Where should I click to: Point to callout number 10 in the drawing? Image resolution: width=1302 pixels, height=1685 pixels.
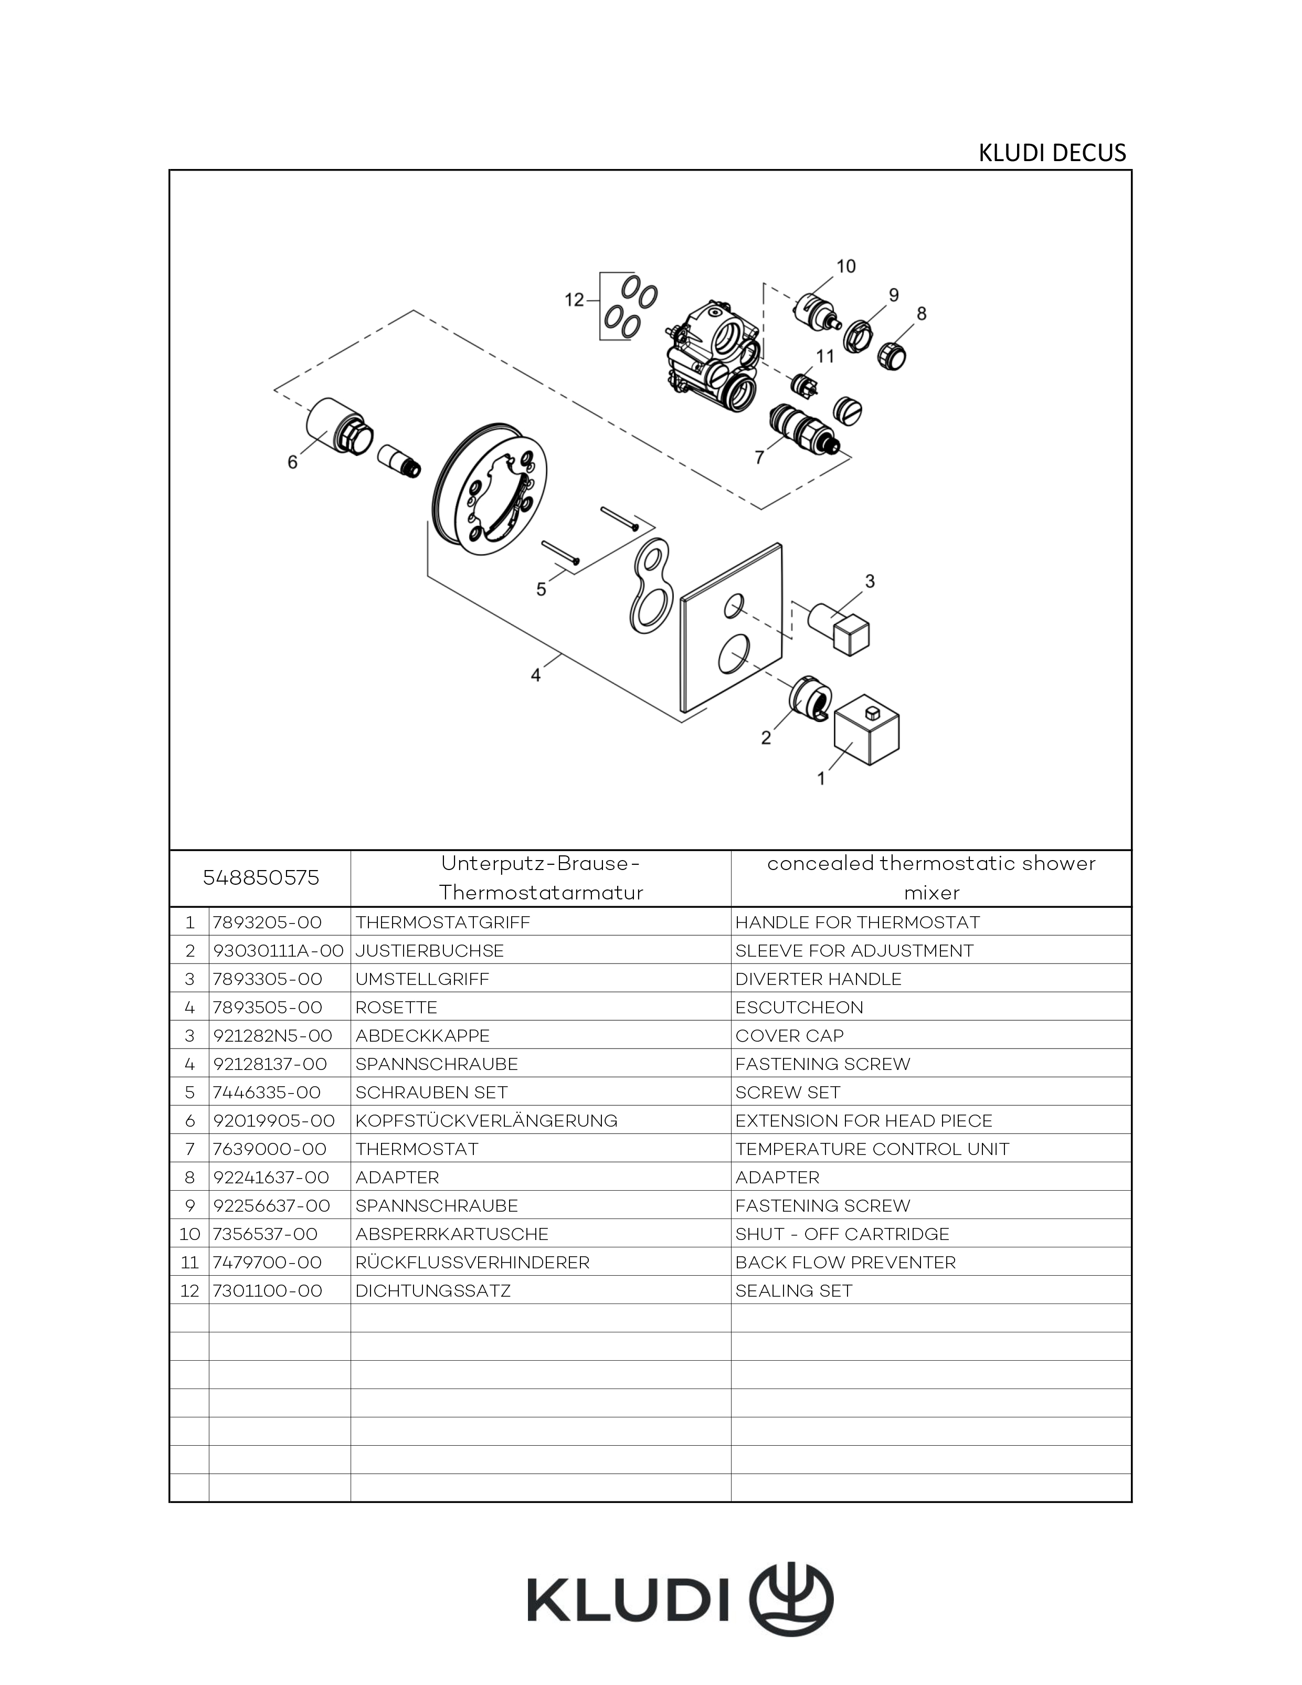(x=846, y=266)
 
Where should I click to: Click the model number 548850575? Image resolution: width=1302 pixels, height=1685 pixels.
(x=260, y=878)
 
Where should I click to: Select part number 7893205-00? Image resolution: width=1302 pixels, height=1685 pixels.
(x=267, y=923)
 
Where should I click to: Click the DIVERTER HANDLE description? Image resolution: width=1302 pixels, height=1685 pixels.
(x=818, y=979)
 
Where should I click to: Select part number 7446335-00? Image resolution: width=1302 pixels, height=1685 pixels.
(x=267, y=1093)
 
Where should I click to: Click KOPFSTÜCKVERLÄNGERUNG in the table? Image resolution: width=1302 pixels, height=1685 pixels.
(x=486, y=1120)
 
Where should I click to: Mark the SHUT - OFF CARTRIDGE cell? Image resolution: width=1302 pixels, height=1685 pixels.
(x=842, y=1234)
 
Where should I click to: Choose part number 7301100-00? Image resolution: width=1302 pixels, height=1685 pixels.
(x=267, y=1291)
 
